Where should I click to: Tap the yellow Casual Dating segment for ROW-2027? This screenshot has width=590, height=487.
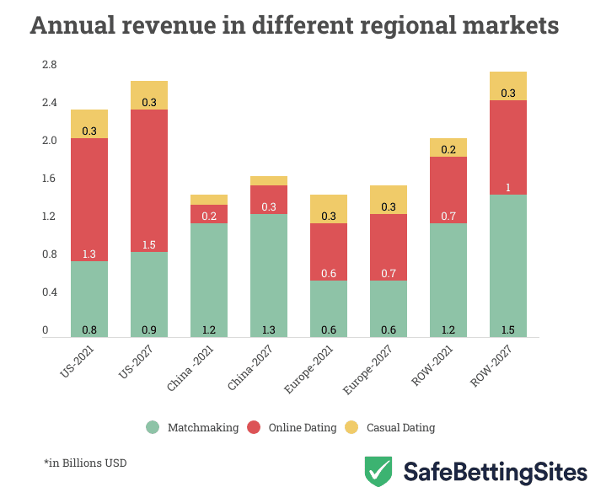507,85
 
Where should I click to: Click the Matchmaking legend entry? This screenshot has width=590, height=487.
190,427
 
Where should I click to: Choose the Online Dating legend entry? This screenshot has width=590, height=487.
292,427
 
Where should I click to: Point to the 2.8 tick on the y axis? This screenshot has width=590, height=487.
49,65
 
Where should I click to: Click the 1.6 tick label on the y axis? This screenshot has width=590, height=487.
49,179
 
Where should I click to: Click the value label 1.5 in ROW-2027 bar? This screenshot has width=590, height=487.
507,329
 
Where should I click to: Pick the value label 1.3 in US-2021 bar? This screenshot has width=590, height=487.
89,254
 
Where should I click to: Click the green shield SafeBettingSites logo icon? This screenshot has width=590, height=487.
378,470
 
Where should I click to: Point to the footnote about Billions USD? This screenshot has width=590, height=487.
85,463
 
